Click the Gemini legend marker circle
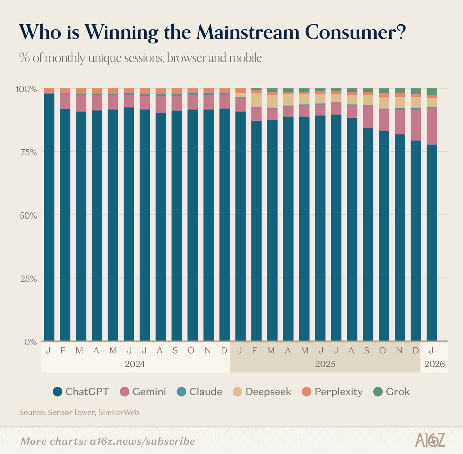pyautogui.click(x=124, y=392)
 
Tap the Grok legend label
pyautogui.click(x=398, y=392)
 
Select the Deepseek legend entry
pyautogui.click(x=268, y=392)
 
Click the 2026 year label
pyautogui.click(x=434, y=364)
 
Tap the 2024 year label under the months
pyautogui.click(x=135, y=364)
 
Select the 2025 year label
pyautogui.click(x=325, y=364)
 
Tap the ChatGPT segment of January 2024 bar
pyautogui.click(x=49, y=217)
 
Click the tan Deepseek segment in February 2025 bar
pyautogui.click(x=256, y=100)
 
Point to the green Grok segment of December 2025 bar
pyautogui.click(x=416, y=91)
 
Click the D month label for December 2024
pyautogui.click(x=224, y=350)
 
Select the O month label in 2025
pyautogui.click(x=382, y=350)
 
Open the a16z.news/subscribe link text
pyautogui.click(x=142, y=441)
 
